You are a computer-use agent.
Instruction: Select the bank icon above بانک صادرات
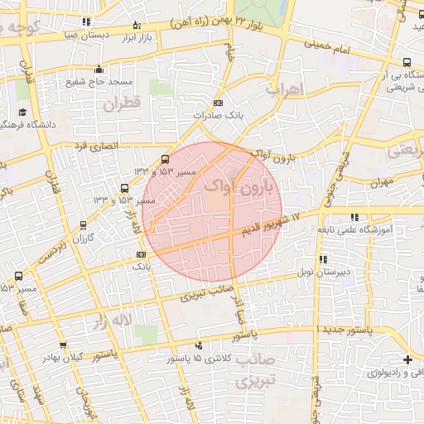pos(218,103)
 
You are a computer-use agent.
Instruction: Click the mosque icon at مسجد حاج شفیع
pos(99,70)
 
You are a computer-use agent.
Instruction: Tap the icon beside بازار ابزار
pos(137,26)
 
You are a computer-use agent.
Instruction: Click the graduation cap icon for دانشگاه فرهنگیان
pos(22,112)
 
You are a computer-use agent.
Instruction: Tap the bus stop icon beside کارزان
pos(83,225)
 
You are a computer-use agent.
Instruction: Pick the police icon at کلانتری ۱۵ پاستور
pos(198,345)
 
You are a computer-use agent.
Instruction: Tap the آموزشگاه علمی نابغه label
pos(373,234)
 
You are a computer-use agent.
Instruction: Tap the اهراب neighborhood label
pos(284,88)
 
